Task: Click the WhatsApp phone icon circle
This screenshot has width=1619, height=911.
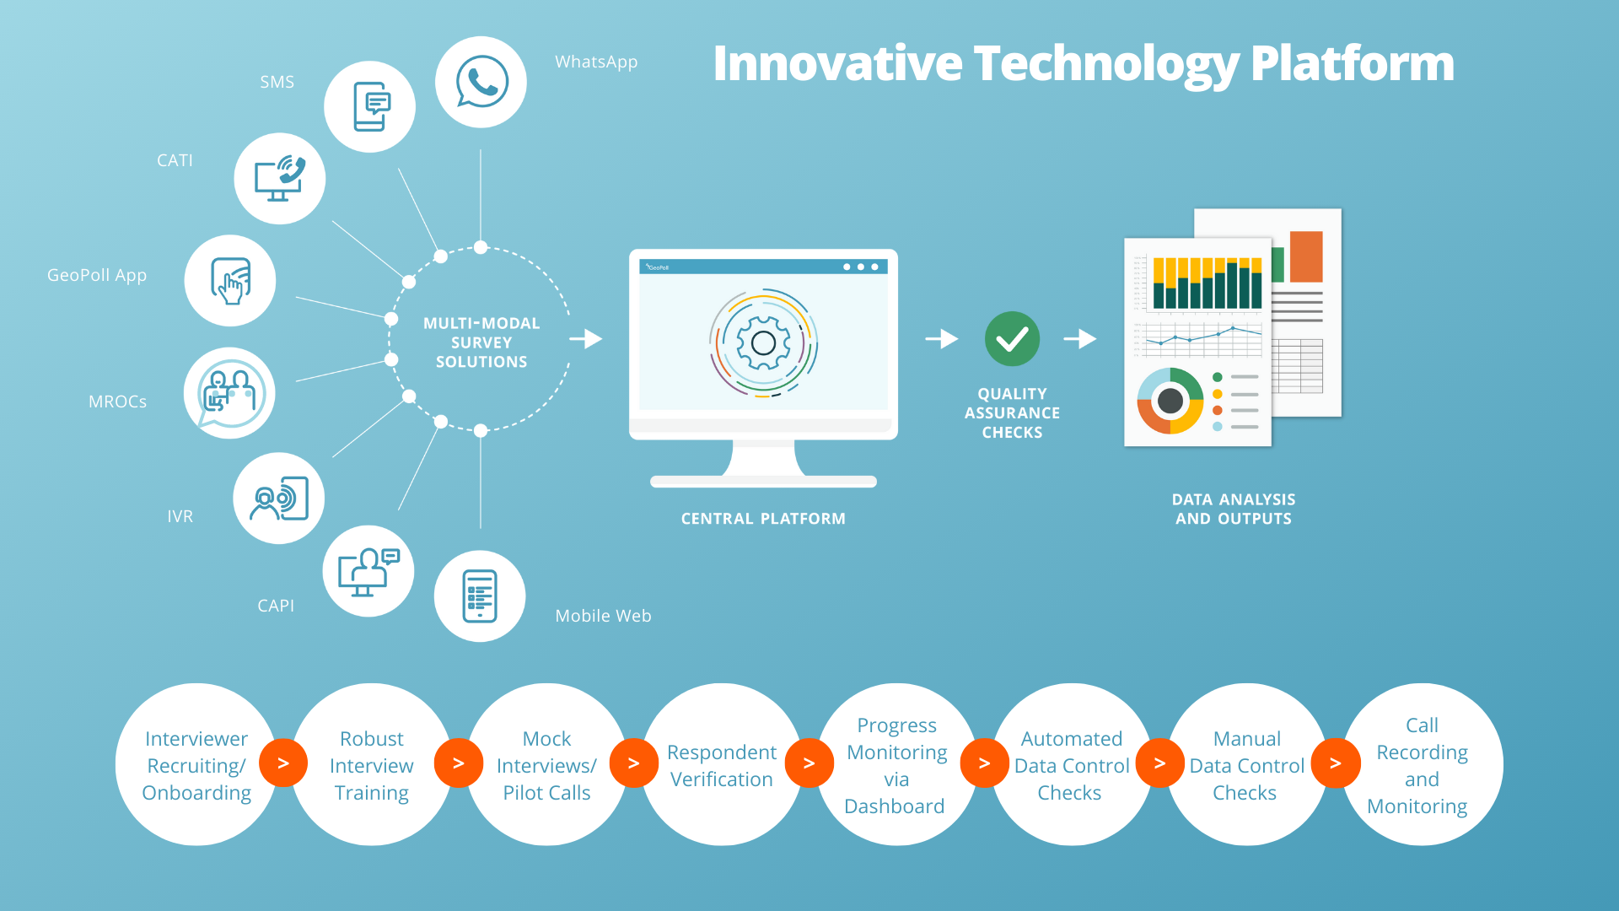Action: pos(481,82)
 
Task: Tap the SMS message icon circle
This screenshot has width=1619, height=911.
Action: pos(370,107)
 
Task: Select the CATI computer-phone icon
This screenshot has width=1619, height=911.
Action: pos(280,178)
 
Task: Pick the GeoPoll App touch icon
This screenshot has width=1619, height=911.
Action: pos(230,281)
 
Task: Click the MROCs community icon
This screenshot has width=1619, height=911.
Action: pos(229,393)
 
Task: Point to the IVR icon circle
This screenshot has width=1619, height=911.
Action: pos(279,499)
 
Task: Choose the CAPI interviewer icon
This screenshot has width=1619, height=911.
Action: pos(368,571)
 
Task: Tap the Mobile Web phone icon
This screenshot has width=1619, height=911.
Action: pos(480,596)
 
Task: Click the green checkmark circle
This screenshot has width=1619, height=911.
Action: pos(1012,339)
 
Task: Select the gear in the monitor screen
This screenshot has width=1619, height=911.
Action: pos(763,343)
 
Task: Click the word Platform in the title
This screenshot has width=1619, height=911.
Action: pos(1353,65)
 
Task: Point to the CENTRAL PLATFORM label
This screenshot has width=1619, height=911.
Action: pos(763,519)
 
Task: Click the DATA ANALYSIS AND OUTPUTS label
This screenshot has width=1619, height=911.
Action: pos(1234,509)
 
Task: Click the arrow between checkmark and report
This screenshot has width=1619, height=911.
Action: pos(1080,339)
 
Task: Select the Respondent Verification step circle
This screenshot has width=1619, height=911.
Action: pos(722,765)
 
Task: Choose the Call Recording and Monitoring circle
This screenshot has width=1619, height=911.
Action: pos(1422,765)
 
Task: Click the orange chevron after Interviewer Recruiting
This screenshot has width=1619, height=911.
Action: pos(283,763)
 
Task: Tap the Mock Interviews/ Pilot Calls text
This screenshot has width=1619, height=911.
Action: pos(546,766)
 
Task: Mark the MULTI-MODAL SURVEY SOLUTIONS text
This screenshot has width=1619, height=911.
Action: pos(481,342)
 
